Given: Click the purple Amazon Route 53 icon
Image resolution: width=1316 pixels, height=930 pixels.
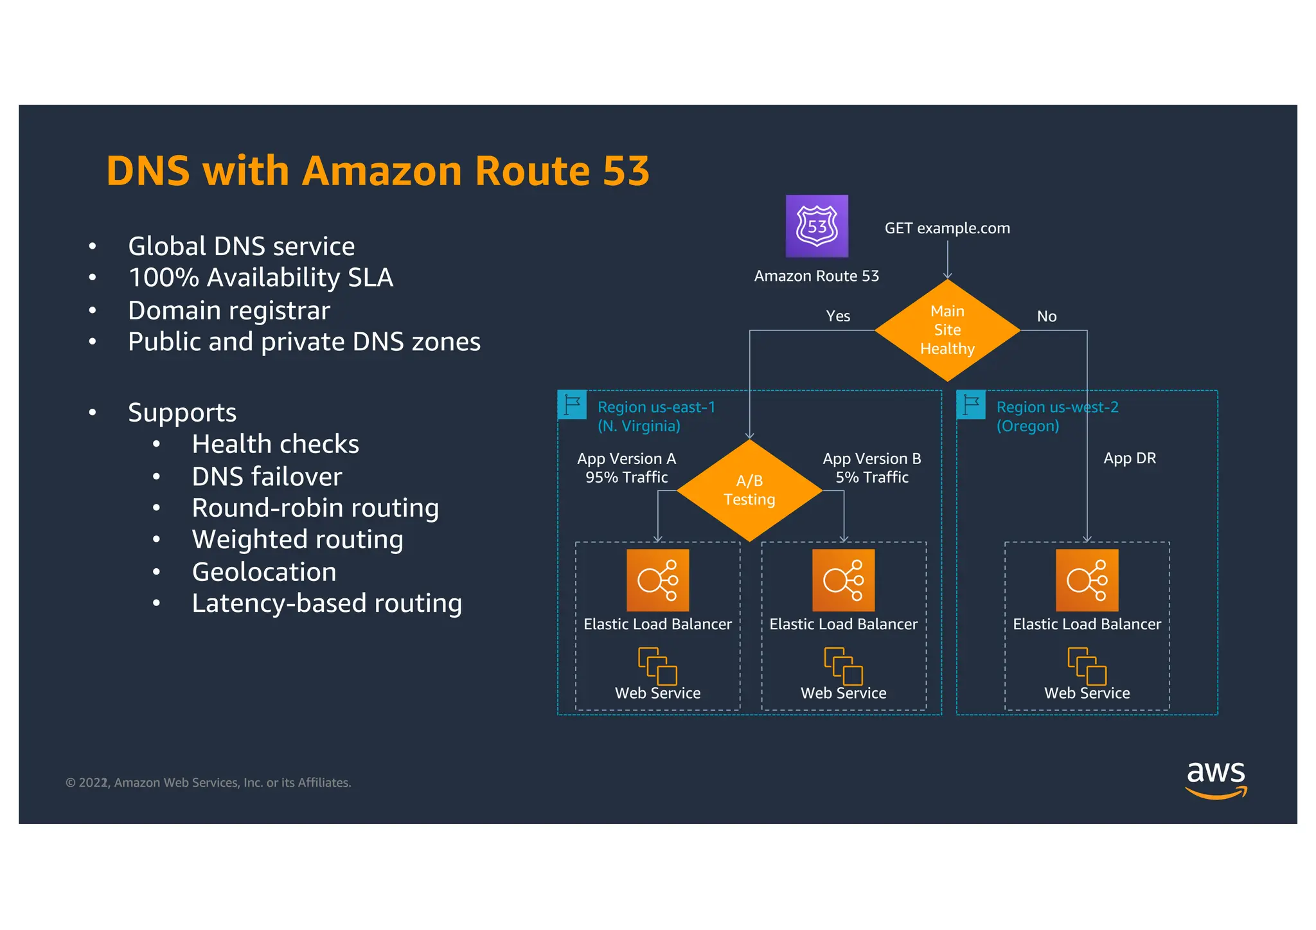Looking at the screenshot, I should (x=817, y=226).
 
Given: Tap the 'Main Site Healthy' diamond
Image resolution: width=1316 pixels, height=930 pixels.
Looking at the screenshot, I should (x=947, y=330).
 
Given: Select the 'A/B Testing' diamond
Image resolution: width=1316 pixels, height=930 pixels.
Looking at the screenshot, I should (x=749, y=490).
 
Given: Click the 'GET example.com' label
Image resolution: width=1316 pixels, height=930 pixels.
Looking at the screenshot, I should (x=947, y=228).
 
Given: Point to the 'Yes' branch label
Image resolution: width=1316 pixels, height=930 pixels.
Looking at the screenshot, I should (x=838, y=316).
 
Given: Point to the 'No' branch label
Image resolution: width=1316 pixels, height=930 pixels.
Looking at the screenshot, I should (x=1046, y=316).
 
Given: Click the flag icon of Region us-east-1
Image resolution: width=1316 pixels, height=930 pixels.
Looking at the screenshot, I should (x=572, y=405).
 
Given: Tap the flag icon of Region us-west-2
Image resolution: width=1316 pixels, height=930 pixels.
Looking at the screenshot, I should (x=971, y=405).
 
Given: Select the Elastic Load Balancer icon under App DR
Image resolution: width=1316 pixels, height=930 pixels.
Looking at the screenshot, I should (x=1087, y=580).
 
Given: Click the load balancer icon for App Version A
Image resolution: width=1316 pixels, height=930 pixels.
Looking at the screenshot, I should (x=657, y=580).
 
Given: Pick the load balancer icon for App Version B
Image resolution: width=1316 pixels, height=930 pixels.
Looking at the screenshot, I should (x=843, y=580).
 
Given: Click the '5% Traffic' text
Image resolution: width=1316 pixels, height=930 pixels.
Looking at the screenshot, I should (x=872, y=478).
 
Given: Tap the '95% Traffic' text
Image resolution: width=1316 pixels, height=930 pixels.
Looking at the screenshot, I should (x=627, y=478).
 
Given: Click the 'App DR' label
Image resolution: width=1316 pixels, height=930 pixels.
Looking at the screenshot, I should (x=1130, y=458).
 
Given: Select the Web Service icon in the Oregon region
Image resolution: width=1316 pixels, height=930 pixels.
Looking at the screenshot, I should (x=1087, y=666).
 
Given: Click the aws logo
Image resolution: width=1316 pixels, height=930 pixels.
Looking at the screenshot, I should (x=1216, y=778).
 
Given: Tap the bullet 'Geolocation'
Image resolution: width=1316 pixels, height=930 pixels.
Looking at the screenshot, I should (x=264, y=572).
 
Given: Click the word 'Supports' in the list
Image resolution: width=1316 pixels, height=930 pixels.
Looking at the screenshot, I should (x=182, y=413).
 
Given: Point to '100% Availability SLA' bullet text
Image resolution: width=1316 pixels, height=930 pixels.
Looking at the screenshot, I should (x=260, y=278).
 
